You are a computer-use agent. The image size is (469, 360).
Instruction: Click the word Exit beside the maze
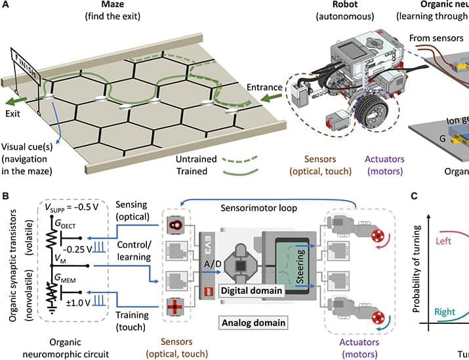point(14,113)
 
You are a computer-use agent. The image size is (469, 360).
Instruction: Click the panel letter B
point(6,196)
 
